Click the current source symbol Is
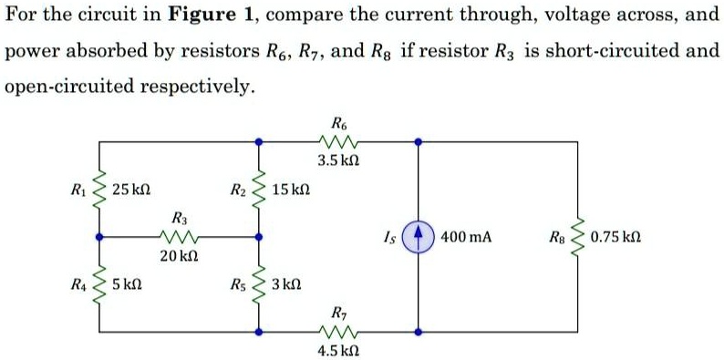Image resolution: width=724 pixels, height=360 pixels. [419, 236]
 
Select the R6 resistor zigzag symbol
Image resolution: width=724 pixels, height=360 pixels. [338, 141]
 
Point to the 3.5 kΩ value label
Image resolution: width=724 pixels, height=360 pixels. [338, 161]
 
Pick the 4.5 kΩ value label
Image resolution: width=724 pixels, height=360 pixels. [338, 350]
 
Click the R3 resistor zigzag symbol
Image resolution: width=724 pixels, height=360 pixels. [180, 236]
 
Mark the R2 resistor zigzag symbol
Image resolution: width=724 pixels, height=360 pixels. [258, 190]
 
